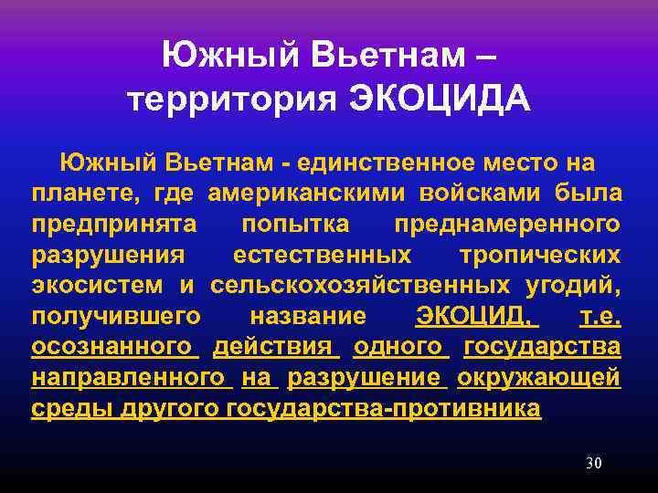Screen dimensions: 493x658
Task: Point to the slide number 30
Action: [x=593, y=463]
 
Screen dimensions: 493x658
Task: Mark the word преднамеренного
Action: [x=507, y=224]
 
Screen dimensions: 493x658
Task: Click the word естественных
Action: [x=321, y=255]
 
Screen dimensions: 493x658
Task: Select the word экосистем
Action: [x=97, y=285]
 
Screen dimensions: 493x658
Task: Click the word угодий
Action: [x=574, y=285]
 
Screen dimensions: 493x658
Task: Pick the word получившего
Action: [x=115, y=316]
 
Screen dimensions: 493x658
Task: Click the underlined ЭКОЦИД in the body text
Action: [x=473, y=316]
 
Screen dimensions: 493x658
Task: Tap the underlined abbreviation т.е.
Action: [x=600, y=316]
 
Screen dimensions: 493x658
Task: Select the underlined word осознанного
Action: [x=114, y=347]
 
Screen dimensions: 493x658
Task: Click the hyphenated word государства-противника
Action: [x=382, y=408]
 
